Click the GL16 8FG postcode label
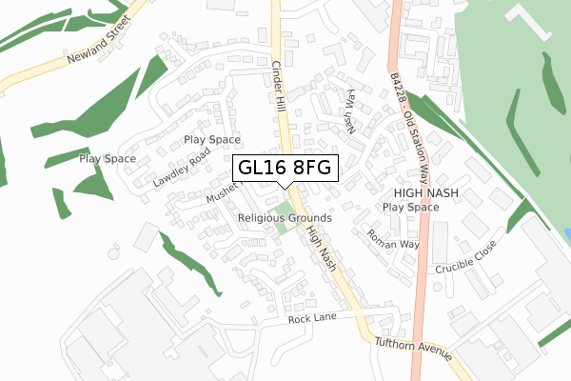(x=285, y=168)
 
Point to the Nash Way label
(x=350, y=109)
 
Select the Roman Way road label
(x=392, y=238)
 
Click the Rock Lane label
(x=313, y=317)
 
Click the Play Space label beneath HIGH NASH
(x=411, y=207)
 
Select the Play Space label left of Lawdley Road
(x=108, y=159)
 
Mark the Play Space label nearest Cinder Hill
(x=212, y=139)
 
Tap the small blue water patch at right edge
(x=567, y=233)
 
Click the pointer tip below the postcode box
(x=285, y=195)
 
